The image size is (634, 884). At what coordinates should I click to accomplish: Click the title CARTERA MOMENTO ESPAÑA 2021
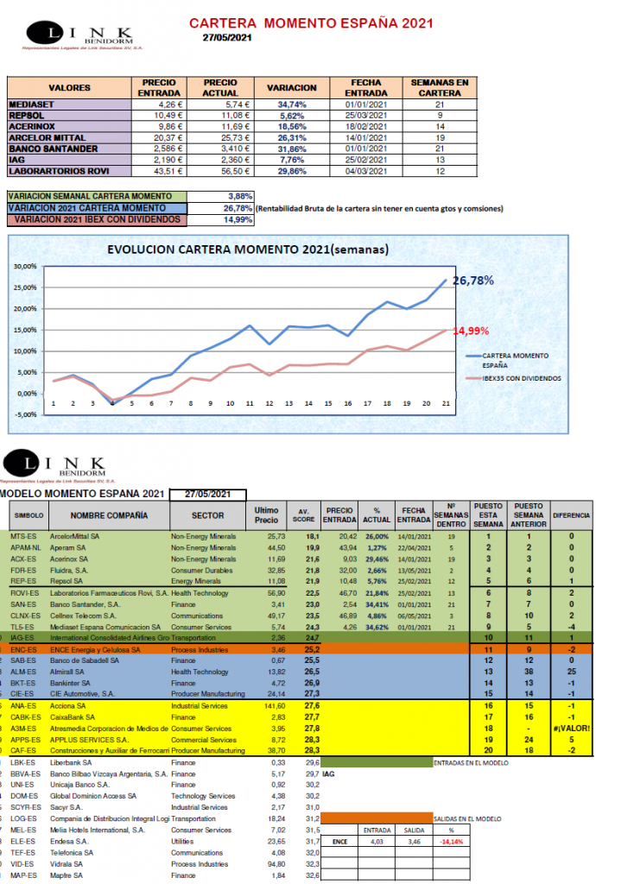tap(311, 23)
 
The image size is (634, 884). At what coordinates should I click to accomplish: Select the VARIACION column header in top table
tap(292, 88)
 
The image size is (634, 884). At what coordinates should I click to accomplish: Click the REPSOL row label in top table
tap(28, 114)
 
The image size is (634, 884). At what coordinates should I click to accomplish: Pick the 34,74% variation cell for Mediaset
tap(292, 104)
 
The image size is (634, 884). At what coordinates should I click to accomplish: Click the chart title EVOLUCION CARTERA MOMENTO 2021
tap(247, 250)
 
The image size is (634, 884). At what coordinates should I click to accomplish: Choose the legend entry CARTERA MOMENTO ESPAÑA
tap(517, 359)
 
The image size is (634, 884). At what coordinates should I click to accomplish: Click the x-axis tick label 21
tap(446, 403)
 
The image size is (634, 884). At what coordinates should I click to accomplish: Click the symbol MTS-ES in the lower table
tap(22, 536)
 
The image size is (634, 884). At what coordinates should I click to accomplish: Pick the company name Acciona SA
tap(76, 705)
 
